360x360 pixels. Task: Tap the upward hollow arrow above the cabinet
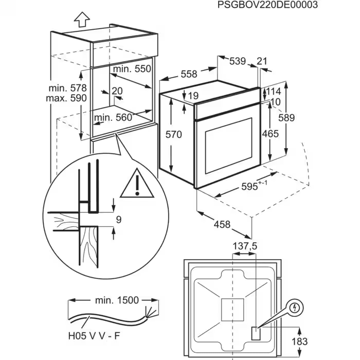(81, 20)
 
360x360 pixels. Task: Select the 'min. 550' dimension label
(133, 68)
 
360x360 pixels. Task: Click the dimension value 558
(189, 74)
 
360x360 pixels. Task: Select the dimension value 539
(237, 61)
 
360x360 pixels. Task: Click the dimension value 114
(273, 92)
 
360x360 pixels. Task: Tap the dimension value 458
(222, 225)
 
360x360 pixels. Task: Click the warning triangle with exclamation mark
(137, 184)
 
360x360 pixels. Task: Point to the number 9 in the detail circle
(118, 220)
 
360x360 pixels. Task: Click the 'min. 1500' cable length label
(116, 300)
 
